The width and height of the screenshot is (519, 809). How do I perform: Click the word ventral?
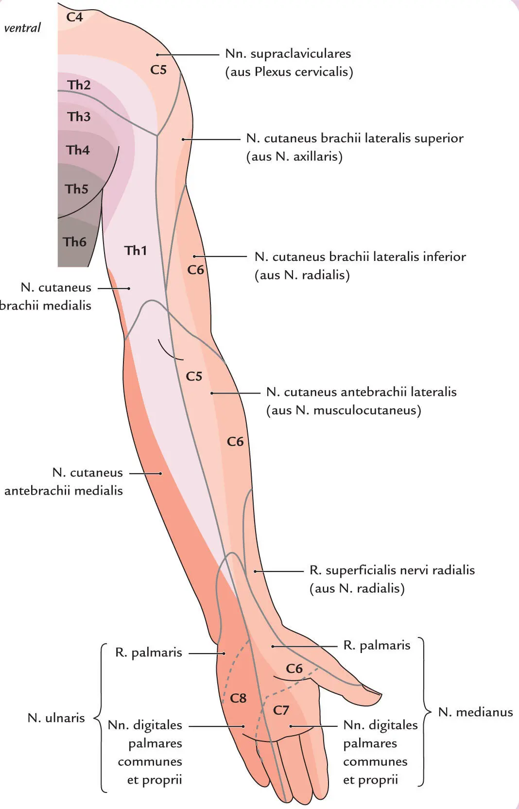tap(22, 28)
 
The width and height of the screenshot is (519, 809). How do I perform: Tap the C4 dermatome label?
tap(75, 17)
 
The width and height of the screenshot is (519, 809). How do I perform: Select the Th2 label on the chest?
tap(79, 85)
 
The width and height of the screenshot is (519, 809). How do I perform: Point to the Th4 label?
tap(78, 150)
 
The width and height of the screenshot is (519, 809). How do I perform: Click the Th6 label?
tap(74, 241)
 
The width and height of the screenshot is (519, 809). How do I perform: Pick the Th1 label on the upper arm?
tap(135, 250)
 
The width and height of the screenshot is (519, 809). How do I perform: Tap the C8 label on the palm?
tap(238, 698)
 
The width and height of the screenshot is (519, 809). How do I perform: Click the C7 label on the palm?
tap(281, 710)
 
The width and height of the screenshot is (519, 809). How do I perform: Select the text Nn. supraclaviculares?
tap(288, 53)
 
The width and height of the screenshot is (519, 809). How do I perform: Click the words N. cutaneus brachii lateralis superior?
tap(355, 138)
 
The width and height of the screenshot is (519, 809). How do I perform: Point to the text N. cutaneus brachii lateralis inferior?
tap(360, 257)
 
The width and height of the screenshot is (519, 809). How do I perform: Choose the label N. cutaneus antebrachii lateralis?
tap(361, 392)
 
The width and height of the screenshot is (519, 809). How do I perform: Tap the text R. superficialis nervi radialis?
tap(392, 570)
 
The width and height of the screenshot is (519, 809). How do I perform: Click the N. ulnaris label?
tap(56, 718)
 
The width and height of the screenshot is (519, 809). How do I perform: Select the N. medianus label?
tap(475, 712)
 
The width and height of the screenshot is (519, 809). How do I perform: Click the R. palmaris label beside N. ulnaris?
tap(148, 653)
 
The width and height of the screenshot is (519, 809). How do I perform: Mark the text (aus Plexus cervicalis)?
tap(289, 72)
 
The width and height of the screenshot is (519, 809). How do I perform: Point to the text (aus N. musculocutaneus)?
tap(343, 410)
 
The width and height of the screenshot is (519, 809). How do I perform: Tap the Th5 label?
tap(76, 189)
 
